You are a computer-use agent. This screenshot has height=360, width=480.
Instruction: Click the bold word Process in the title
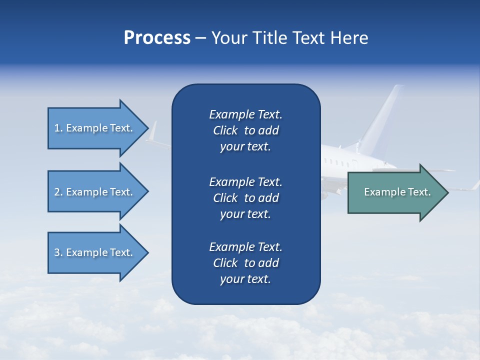[157, 38]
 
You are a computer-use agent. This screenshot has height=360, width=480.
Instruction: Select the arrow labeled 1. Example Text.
[95, 128]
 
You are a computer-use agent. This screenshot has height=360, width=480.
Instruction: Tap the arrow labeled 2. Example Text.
[95, 192]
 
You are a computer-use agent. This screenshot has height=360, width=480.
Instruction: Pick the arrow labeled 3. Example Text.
[95, 252]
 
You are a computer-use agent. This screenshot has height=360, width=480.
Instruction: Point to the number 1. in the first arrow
[58, 128]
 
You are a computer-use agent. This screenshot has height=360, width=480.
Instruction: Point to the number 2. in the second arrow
[58, 192]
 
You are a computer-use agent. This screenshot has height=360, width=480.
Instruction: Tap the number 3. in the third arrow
[58, 252]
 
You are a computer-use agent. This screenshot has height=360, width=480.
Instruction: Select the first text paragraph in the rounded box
[245, 130]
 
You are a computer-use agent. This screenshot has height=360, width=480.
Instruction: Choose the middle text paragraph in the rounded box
[245, 198]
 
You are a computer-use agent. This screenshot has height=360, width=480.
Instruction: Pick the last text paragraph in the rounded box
[245, 263]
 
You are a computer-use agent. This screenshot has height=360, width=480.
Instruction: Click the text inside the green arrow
[397, 192]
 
